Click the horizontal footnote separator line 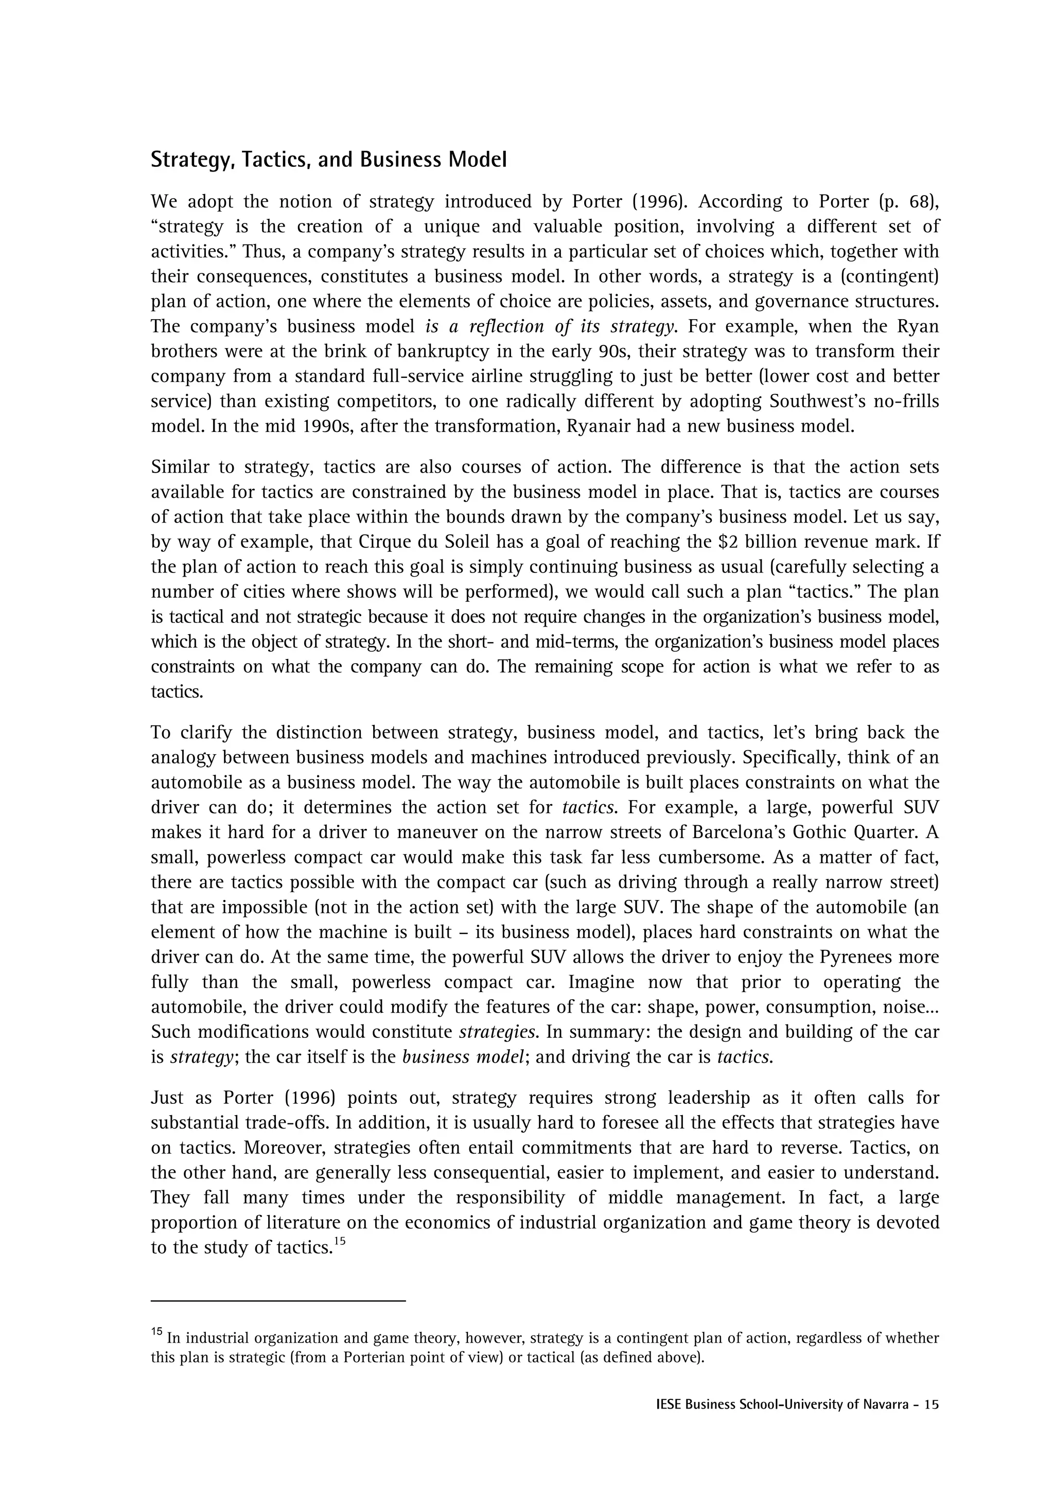[x=278, y=1301]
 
